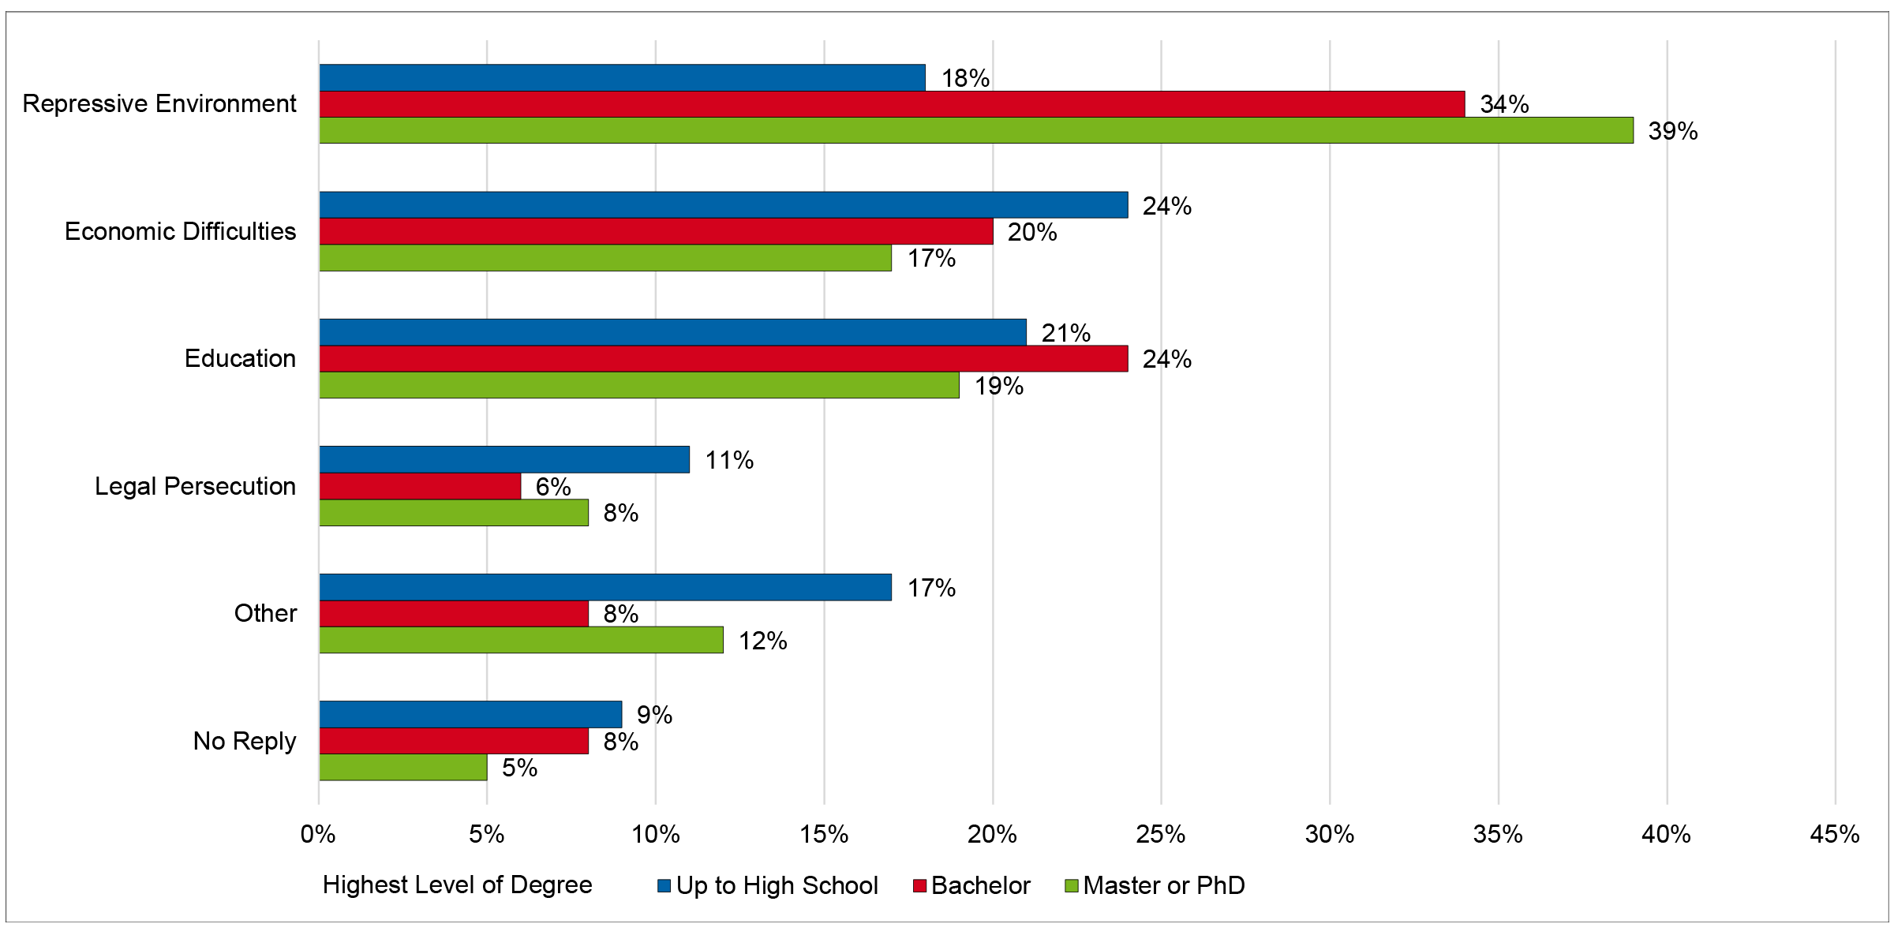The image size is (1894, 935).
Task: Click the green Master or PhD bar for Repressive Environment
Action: coord(976,130)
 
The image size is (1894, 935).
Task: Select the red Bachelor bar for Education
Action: coord(724,359)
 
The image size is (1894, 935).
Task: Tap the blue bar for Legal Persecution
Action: coord(504,459)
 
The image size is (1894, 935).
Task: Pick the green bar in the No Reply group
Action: coord(403,768)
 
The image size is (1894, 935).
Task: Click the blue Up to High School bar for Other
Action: coord(605,587)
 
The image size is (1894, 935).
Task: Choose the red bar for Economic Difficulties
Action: coord(656,231)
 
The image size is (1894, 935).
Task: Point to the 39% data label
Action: coord(1672,131)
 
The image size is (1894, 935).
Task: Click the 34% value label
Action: coord(1504,104)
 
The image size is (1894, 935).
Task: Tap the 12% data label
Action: coord(762,641)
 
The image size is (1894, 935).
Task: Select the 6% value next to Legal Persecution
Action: coord(552,487)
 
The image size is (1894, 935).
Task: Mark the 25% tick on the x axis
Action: coord(1160,835)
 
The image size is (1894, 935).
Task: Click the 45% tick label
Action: coord(1834,835)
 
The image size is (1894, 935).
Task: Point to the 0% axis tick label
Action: coord(318,835)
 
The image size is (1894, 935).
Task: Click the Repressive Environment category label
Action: coord(159,103)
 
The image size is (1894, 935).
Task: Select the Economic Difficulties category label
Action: coord(180,231)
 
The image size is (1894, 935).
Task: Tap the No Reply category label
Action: coord(245,741)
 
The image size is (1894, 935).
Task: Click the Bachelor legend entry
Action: coord(980,885)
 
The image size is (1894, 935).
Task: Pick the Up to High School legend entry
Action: coord(777,885)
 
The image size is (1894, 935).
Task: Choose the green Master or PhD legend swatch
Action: coord(1072,886)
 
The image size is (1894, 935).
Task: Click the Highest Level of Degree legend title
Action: coord(457,885)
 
